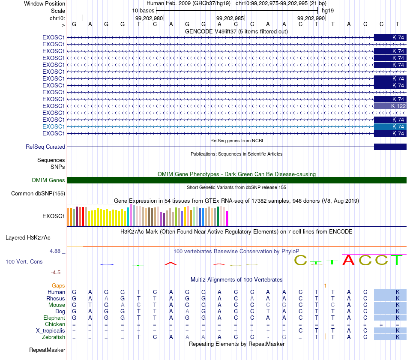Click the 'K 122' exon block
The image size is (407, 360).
click(390, 106)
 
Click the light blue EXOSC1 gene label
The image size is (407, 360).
click(54, 126)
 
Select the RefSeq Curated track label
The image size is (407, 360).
click(45, 147)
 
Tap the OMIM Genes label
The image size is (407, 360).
click(48, 180)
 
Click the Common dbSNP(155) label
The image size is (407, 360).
click(38, 194)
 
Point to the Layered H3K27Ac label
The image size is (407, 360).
click(28, 238)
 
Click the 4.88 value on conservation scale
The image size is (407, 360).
click(55, 251)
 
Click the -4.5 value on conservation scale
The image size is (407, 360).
click(56, 273)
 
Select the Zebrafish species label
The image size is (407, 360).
click(54, 337)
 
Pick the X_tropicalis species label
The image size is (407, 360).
click(51, 331)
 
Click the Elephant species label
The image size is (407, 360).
click(54, 318)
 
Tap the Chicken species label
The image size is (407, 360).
click(55, 324)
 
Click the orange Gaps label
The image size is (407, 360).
click(58, 286)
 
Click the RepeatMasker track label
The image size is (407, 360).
click(47, 350)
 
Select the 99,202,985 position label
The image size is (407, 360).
click(230, 18)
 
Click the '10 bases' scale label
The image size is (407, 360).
click(143, 11)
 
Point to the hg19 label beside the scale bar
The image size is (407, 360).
click(328, 11)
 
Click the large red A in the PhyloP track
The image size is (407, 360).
click(348, 260)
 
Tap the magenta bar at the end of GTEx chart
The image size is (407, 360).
click(227, 219)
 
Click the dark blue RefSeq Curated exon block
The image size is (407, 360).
click(390, 147)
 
